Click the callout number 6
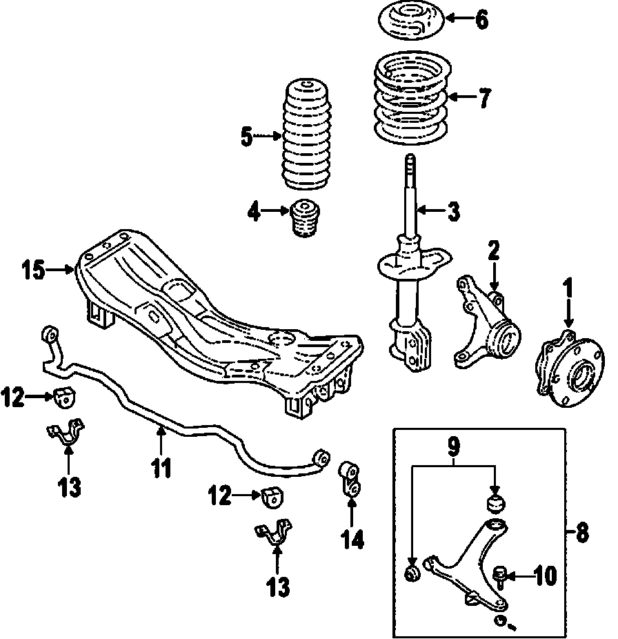pos(481,19)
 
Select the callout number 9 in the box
pos(455,447)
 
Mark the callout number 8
pos(583,532)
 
